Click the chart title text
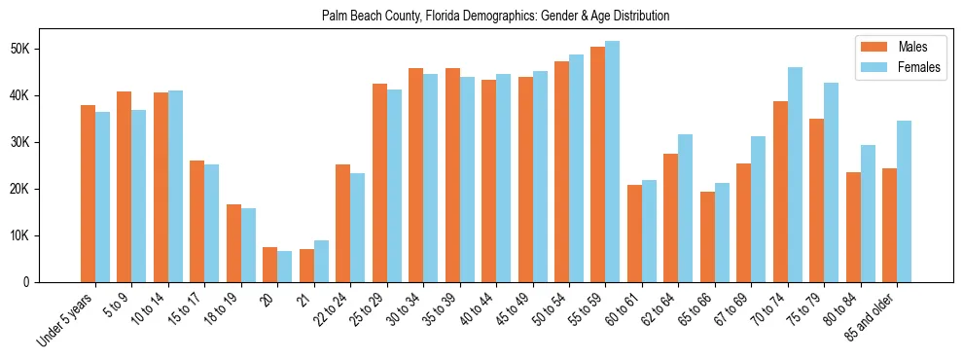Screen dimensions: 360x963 [x=495, y=17]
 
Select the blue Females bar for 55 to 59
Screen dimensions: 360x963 [x=613, y=162]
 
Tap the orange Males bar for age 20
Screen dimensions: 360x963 [x=270, y=265]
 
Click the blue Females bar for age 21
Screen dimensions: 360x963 [x=321, y=261]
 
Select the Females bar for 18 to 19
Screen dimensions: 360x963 [x=248, y=245]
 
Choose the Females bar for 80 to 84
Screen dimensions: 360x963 [x=868, y=213]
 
